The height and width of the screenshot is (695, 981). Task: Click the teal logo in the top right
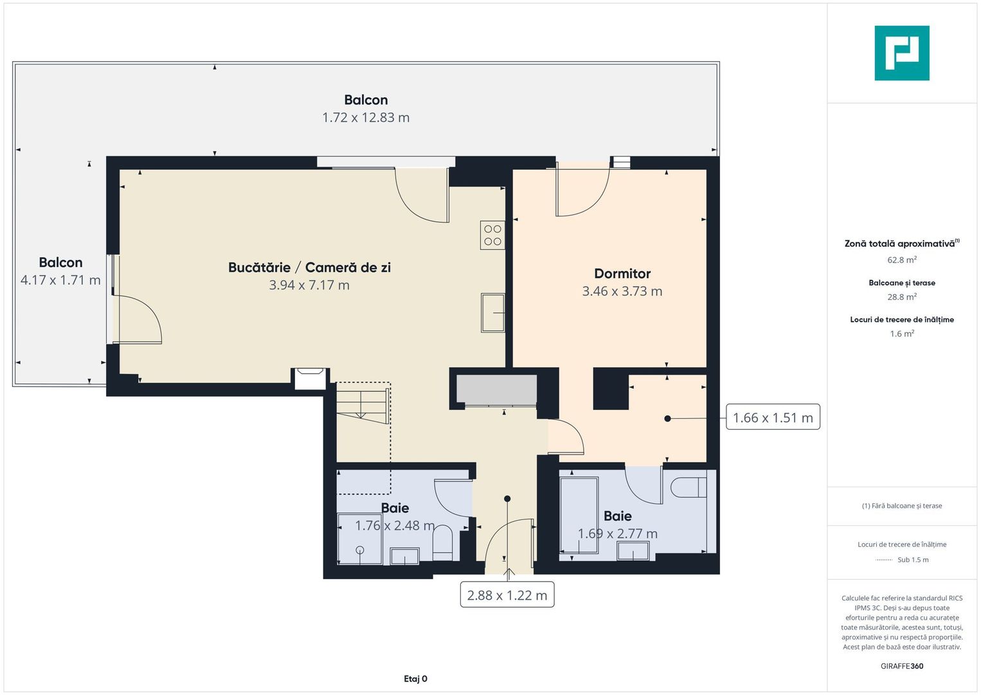pos(901,53)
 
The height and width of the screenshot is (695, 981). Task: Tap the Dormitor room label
pos(622,273)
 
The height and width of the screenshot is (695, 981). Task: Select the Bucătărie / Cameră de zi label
pos(309,267)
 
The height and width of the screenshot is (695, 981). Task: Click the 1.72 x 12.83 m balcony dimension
pos(366,118)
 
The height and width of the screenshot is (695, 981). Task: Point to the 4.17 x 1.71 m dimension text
pos(60,280)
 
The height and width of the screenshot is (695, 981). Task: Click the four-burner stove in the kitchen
pos(492,235)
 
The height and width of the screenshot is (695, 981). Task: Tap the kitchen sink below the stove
pos(492,313)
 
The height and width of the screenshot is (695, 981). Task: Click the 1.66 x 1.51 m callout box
pos(772,418)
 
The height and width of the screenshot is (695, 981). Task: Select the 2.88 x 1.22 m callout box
pos(507,595)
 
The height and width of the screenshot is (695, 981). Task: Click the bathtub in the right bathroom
pos(579,515)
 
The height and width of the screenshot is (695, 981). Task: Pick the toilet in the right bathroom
pos(688,487)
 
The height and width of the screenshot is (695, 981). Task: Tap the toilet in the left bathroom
pos(443,543)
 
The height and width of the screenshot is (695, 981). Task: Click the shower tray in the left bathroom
pos(360,539)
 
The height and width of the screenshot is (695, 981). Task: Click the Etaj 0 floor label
pos(415,678)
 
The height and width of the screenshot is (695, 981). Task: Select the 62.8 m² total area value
pos(901,260)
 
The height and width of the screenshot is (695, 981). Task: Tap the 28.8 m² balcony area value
pos(901,297)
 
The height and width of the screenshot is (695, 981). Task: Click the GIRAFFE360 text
pos(901,666)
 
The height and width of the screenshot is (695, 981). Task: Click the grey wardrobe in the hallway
pos(496,390)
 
